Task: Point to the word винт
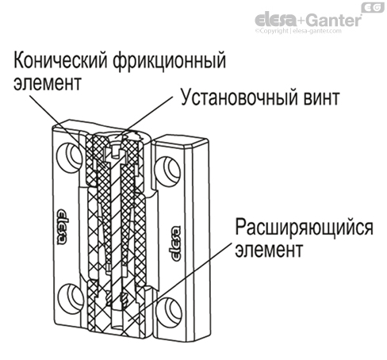[x=319, y=101]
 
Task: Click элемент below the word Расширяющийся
[x=269, y=251]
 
